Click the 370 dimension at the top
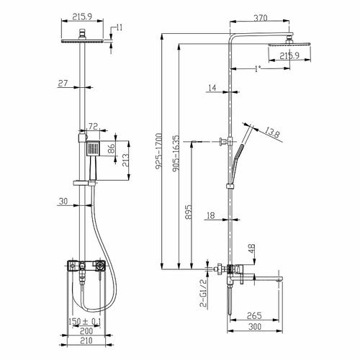click(261, 18)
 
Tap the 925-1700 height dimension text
click(159, 151)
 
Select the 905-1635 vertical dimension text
click(176, 153)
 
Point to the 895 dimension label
click(189, 212)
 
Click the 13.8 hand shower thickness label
click(272, 132)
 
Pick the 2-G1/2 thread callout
click(203, 293)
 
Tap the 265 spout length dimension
click(254, 316)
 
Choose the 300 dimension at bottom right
click(255, 327)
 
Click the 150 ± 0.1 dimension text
click(85, 322)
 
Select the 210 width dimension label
click(86, 341)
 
